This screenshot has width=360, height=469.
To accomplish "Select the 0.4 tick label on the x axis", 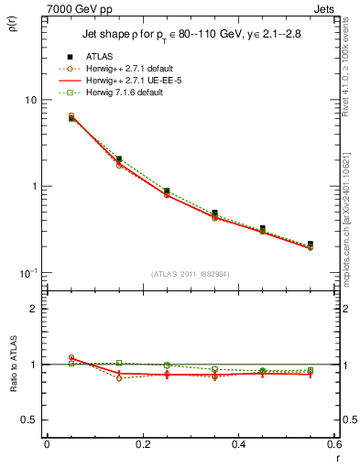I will [238, 445].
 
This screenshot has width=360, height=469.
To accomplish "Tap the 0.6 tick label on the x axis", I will [334, 445].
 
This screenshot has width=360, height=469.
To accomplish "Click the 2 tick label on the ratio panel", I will [33, 309].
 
